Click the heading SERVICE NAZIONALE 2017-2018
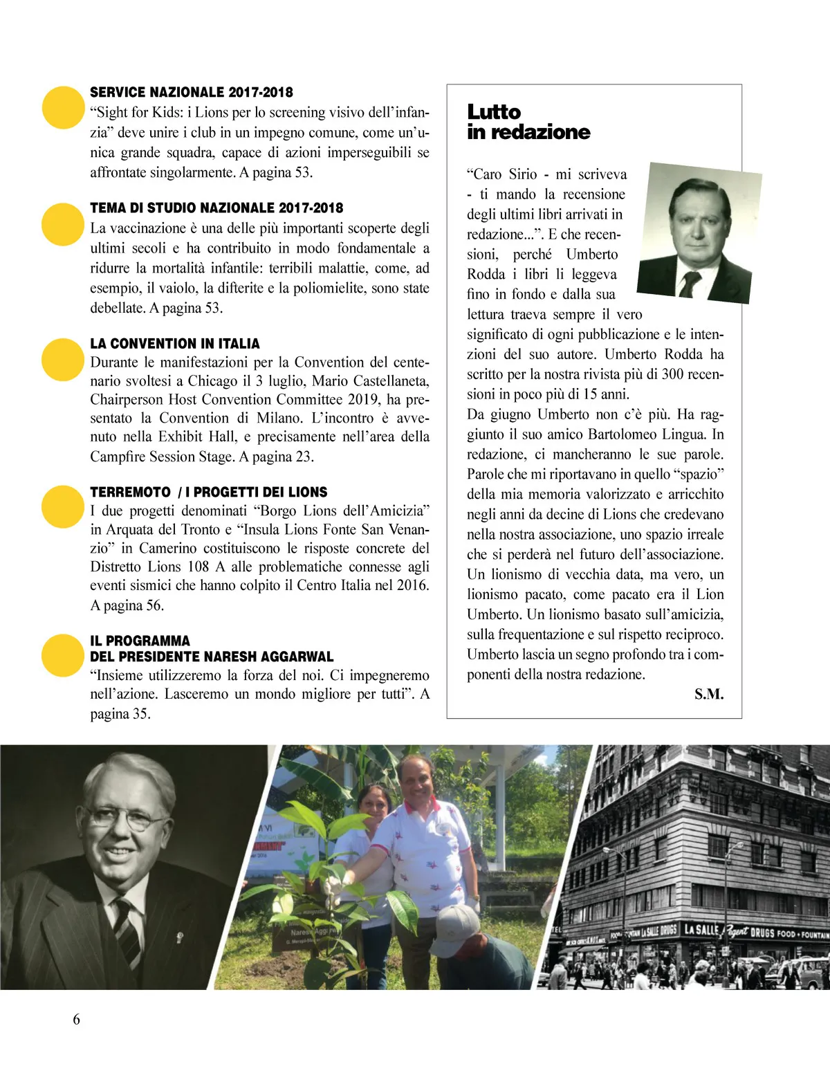coord(192,92)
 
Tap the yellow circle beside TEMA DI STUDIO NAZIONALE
coord(63,224)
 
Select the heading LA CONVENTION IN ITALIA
coord(175,344)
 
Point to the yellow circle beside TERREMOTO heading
coord(63,506)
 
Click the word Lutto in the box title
coord(494,112)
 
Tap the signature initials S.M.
coord(709,694)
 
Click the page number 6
coord(76,1019)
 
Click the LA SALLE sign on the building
coord(701,929)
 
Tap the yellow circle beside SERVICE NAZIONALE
coord(63,107)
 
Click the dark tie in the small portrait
coord(690,282)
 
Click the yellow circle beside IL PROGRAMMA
coord(63,655)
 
